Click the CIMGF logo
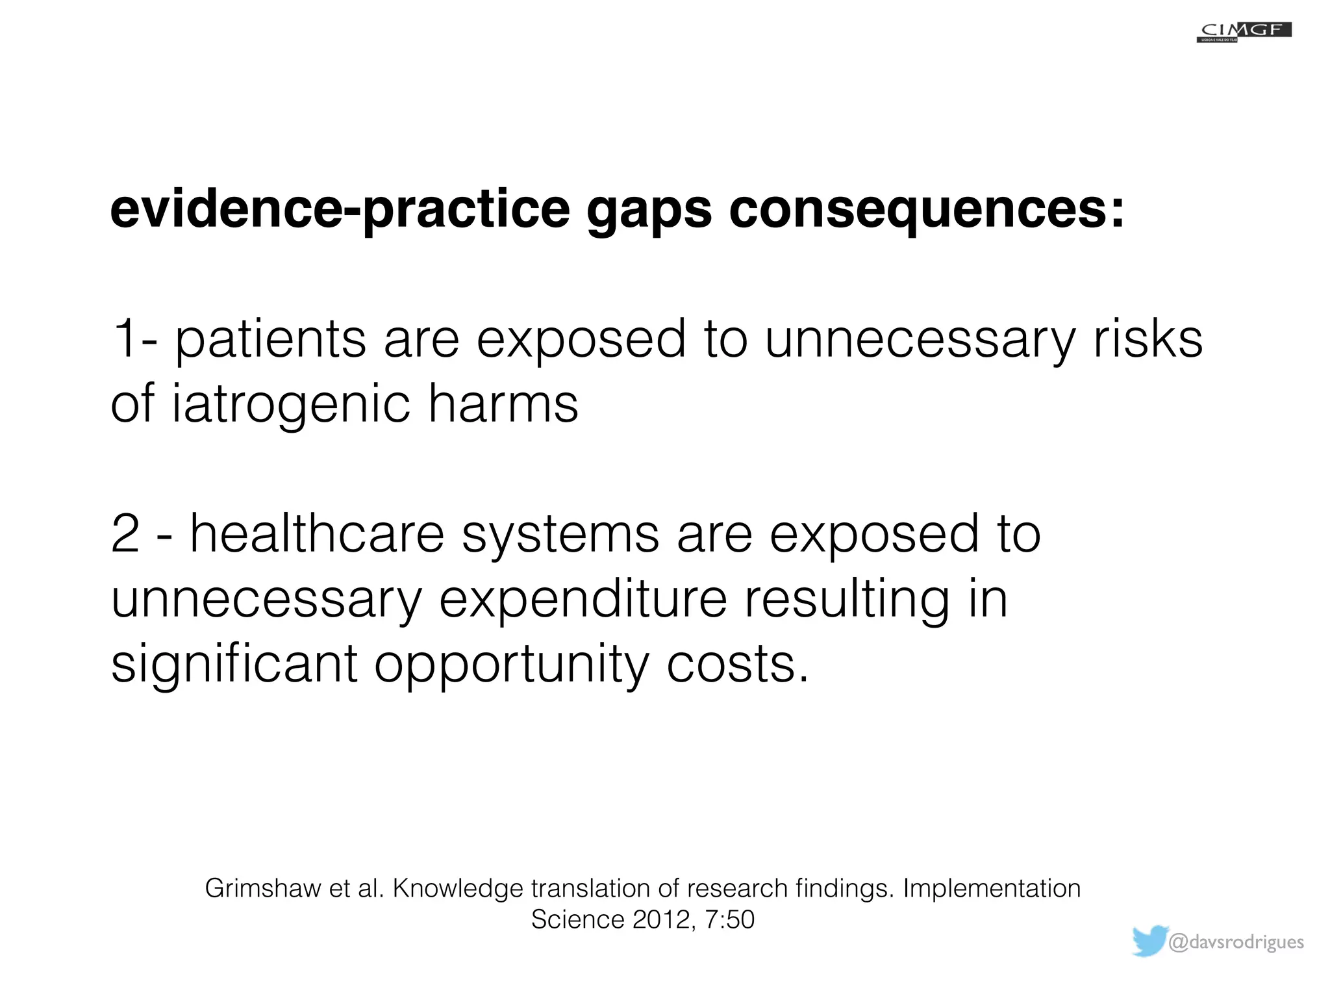1244,32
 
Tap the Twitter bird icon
1150,941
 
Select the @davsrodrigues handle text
1235,942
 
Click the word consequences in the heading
927,210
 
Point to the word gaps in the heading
649,210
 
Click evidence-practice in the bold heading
340,210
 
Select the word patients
271,340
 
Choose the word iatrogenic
291,405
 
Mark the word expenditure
583,600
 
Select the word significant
234,663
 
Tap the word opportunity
512,665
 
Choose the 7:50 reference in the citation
730,919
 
